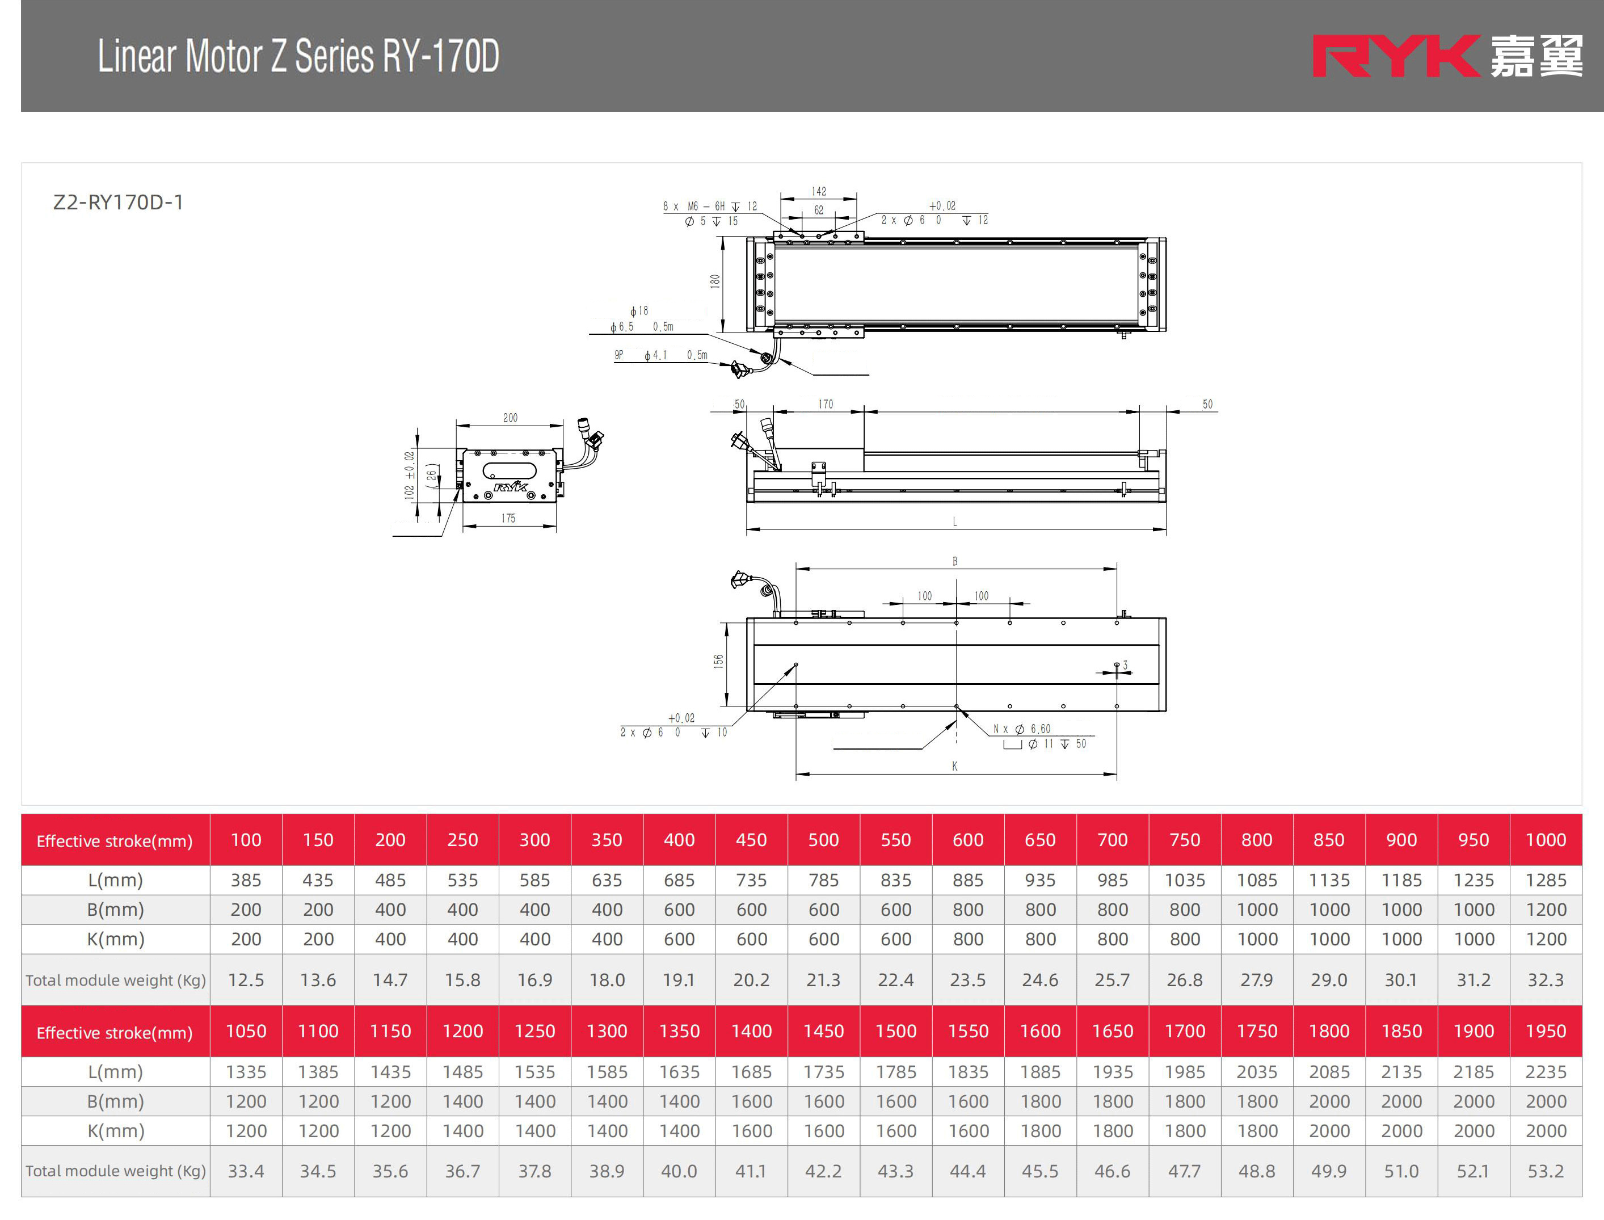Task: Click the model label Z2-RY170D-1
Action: (119, 202)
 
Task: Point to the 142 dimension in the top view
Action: (819, 192)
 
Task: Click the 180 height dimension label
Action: (715, 281)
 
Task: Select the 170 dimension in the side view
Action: (826, 404)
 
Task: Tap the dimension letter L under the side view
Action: (955, 521)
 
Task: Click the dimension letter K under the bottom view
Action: (955, 766)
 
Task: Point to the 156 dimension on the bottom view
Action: (718, 661)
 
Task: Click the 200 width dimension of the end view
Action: (511, 418)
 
